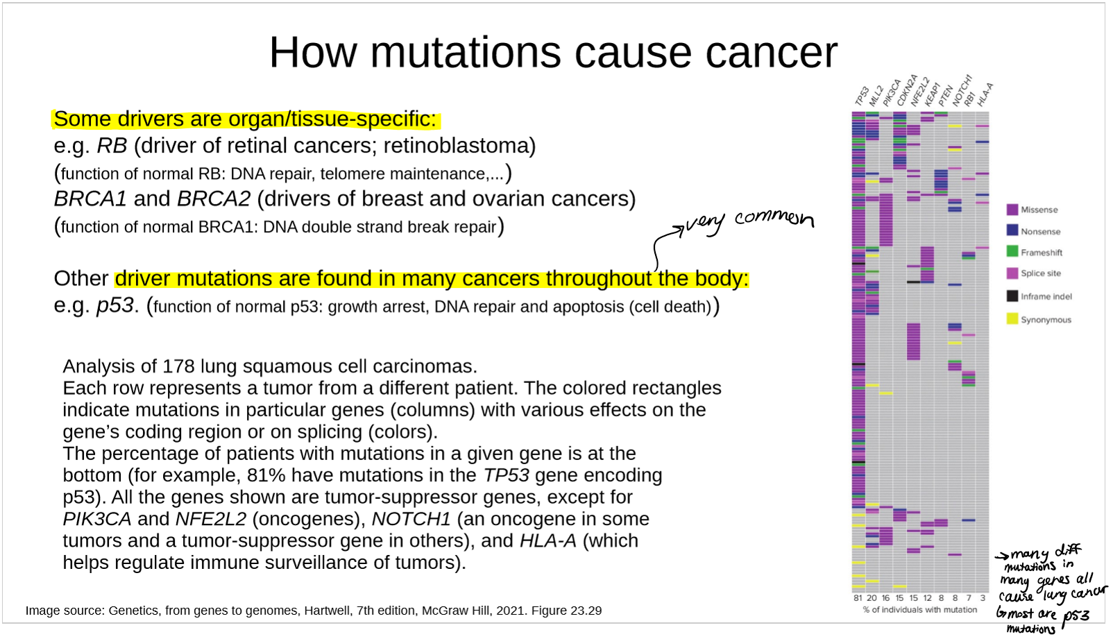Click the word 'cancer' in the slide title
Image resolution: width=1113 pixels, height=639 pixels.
coord(772,53)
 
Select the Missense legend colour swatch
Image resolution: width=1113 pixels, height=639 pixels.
coord(1012,210)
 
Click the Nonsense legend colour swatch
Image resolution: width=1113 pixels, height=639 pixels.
coord(1012,230)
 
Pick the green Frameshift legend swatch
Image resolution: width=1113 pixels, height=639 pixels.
coord(1012,251)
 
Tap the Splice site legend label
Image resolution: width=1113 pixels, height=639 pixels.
coord(1040,273)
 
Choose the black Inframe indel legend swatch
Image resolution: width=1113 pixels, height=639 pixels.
coord(1012,296)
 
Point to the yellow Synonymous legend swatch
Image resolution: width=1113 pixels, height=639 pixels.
coord(1012,318)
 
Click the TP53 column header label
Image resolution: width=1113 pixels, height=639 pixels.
coord(862,96)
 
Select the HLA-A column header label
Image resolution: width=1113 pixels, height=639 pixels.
coord(985,94)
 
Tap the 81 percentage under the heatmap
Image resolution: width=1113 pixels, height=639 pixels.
coord(858,598)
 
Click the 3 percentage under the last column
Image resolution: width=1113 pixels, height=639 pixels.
coord(983,598)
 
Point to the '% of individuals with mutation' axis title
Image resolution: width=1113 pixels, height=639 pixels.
coord(919,610)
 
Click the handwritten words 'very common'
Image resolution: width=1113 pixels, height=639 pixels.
coord(749,221)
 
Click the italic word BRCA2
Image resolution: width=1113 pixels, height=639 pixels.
coord(214,198)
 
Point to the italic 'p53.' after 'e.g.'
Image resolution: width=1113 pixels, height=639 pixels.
coord(117,305)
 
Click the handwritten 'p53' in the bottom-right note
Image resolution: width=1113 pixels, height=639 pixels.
coord(1076,617)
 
